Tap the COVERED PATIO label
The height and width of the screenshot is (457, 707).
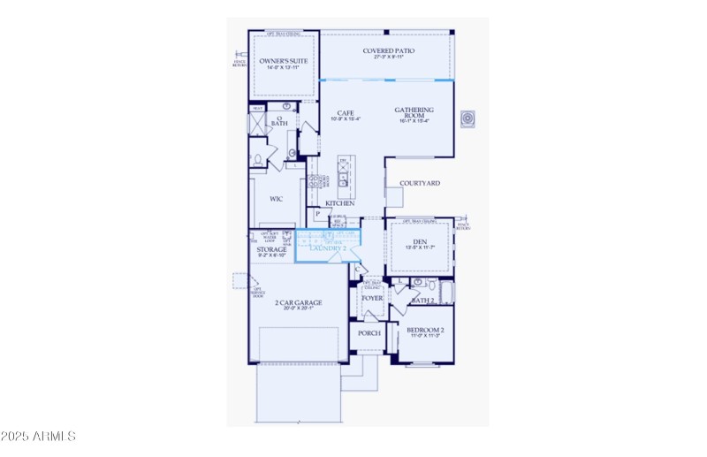[389, 51]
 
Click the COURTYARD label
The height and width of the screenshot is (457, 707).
[420, 184]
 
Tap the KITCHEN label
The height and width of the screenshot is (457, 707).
[340, 203]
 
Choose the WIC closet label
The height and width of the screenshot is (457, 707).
[276, 200]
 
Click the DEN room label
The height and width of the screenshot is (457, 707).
[421, 240]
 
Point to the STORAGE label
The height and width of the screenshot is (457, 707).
[271, 250]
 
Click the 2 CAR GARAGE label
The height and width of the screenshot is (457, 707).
[298, 302]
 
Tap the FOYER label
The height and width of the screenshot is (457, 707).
[372, 299]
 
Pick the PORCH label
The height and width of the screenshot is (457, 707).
[369, 333]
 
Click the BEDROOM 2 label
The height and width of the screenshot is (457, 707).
[424, 331]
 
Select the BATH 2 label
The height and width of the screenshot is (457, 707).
[422, 301]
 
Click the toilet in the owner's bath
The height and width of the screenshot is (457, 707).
[257, 160]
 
